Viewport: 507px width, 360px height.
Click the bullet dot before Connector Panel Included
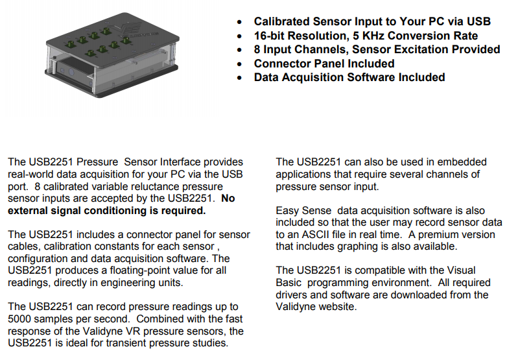click(x=241, y=64)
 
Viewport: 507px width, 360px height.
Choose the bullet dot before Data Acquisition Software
click(x=241, y=78)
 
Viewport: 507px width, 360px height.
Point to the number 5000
click(x=23, y=318)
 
